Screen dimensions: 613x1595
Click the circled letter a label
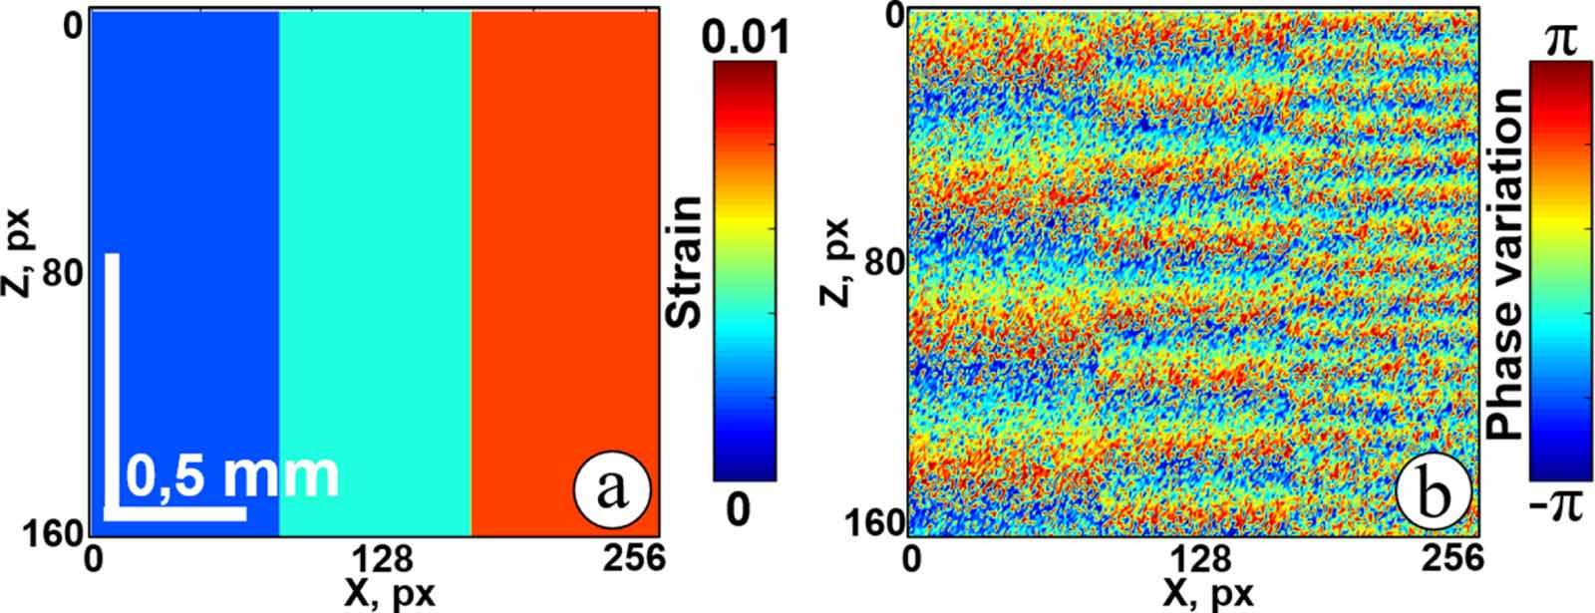[611, 489]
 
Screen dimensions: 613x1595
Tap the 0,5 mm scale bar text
[233, 475]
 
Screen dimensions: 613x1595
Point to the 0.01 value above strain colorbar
[745, 37]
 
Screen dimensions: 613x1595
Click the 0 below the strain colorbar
[737, 509]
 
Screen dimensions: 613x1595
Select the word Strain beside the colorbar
[685, 262]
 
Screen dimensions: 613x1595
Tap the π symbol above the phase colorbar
[1555, 41]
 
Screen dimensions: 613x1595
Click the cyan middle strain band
[374, 269]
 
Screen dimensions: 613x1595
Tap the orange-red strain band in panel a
[564, 269]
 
